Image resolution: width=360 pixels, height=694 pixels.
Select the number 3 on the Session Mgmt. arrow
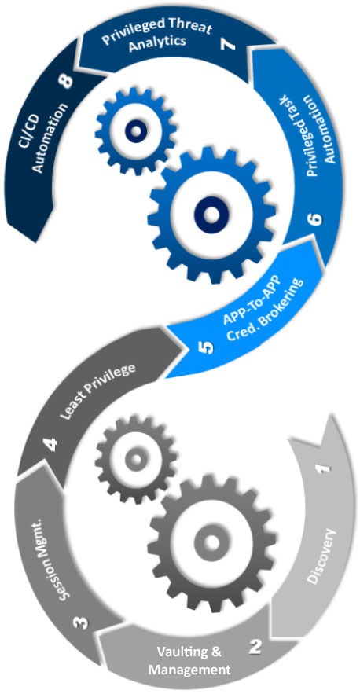[82, 623]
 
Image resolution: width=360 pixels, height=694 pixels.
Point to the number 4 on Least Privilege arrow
[53, 444]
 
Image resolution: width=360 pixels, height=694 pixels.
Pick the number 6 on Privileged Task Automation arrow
[318, 219]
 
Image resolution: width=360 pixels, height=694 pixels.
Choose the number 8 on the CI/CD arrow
[68, 83]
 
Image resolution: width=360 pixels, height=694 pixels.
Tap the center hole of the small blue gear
[135, 131]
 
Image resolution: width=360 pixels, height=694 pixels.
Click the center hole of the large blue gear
[211, 215]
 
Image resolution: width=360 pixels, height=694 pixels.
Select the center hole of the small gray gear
[135, 459]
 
